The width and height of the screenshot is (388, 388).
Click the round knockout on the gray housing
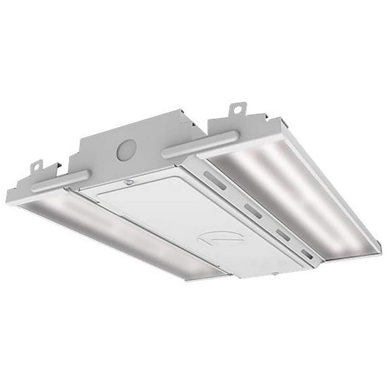125,151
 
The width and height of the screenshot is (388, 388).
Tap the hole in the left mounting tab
38,164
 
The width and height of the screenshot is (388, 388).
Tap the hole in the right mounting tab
237,108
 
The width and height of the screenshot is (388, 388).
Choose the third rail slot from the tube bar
280,233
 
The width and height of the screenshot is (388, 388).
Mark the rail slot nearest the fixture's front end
306,255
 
